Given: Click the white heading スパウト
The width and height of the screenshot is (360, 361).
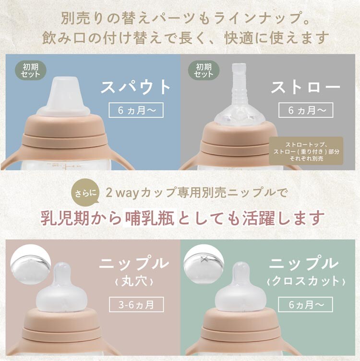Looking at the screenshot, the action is pyautogui.click(x=136, y=87).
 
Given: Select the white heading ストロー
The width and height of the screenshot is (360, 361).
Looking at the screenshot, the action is pyautogui.click(x=306, y=87).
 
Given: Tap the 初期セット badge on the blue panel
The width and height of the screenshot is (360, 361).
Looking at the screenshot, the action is pyautogui.click(x=31, y=70).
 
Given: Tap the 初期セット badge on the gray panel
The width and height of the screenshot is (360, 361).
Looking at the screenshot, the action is pyautogui.click(x=204, y=70).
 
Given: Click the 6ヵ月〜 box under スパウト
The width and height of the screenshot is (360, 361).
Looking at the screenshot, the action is pyautogui.click(x=136, y=110).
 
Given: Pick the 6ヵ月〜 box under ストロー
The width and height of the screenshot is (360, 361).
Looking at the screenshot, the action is pyautogui.click(x=306, y=110).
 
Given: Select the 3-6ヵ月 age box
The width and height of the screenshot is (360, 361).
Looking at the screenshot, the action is pyautogui.click(x=136, y=304).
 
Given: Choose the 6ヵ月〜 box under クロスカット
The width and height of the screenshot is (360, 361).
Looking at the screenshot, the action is pyautogui.click(x=306, y=304).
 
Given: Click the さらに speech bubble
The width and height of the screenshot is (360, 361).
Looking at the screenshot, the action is pyautogui.click(x=86, y=192).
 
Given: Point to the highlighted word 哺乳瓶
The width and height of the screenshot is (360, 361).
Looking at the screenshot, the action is pyautogui.click(x=150, y=218).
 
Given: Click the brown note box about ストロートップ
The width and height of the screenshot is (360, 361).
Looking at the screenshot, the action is pyautogui.click(x=306, y=151).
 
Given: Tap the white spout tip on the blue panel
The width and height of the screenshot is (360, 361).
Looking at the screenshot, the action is pyautogui.click(x=63, y=96).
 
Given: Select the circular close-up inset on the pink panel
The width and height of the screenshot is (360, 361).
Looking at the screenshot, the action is pyautogui.click(x=30, y=264).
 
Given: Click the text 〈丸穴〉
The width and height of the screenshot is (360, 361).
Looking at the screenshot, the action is pyautogui.click(x=133, y=281).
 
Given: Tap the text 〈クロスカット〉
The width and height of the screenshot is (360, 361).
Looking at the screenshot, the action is pyautogui.click(x=306, y=281).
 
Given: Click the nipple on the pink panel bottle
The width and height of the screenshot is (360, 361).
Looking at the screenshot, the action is pyautogui.click(x=61, y=288).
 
